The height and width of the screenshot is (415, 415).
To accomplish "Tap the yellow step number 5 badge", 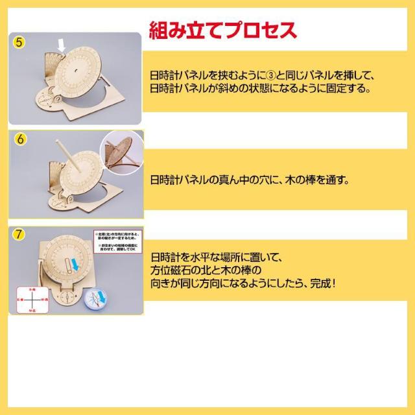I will pyautogui.click(x=20, y=43).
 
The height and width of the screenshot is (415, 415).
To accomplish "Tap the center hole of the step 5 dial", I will pyautogui.click(x=77, y=67).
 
